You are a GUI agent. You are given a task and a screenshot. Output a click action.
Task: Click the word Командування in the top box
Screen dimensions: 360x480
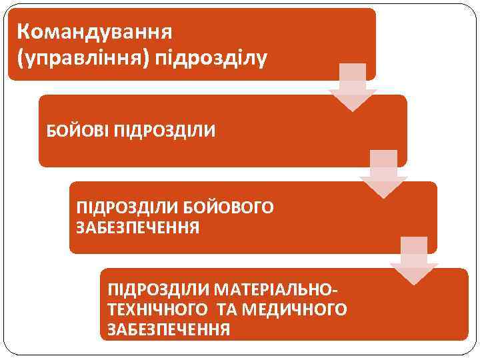(95, 31)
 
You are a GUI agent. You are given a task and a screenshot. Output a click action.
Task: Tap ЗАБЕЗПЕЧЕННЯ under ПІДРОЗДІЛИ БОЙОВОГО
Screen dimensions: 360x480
(138, 228)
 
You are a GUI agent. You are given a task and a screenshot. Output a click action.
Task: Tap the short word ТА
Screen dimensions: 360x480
(227, 310)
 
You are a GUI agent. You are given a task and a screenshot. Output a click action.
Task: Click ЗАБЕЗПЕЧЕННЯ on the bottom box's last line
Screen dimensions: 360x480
(169, 329)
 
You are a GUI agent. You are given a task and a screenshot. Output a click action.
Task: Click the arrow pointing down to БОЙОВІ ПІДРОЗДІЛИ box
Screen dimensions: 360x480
(352, 87)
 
